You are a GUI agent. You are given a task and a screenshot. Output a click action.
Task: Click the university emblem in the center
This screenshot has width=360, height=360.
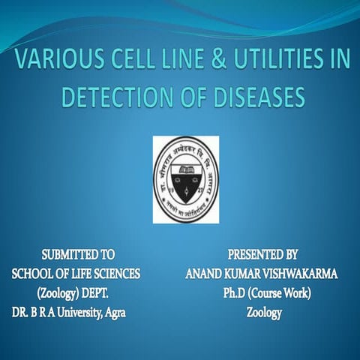[x=186, y=178]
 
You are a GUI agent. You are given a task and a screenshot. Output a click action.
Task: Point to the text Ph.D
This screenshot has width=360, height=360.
[x=235, y=294]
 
